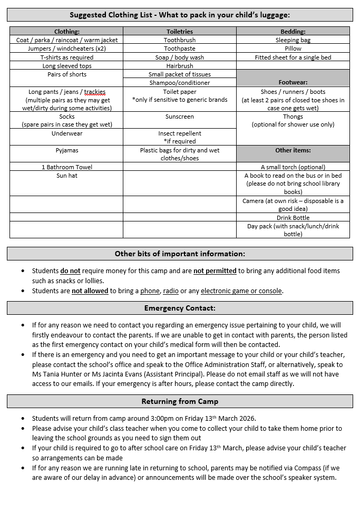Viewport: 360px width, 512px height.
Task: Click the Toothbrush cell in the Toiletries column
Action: [179, 40]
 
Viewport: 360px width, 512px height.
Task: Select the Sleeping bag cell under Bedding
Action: [293, 40]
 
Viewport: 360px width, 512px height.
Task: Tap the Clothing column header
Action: [67, 32]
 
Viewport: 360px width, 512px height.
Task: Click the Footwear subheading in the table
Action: [293, 83]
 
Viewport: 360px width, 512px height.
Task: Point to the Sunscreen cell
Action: [179, 117]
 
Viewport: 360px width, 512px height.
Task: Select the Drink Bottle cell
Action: [293, 218]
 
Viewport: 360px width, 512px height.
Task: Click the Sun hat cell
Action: [67, 176]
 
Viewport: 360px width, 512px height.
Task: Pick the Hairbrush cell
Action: [179, 66]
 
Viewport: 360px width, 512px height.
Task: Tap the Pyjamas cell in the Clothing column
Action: [67, 150]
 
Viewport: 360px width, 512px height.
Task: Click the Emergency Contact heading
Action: [180, 308]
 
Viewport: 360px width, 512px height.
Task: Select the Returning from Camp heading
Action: [180, 402]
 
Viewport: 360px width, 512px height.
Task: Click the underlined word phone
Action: [150, 291]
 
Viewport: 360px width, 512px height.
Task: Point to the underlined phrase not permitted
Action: [215, 271]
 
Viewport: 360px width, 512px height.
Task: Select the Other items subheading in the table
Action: [293, 150]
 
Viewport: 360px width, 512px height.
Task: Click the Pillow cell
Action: [293, 49]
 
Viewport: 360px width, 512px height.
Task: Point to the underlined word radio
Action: [171, 291]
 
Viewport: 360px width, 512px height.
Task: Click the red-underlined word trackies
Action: [95, 92]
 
